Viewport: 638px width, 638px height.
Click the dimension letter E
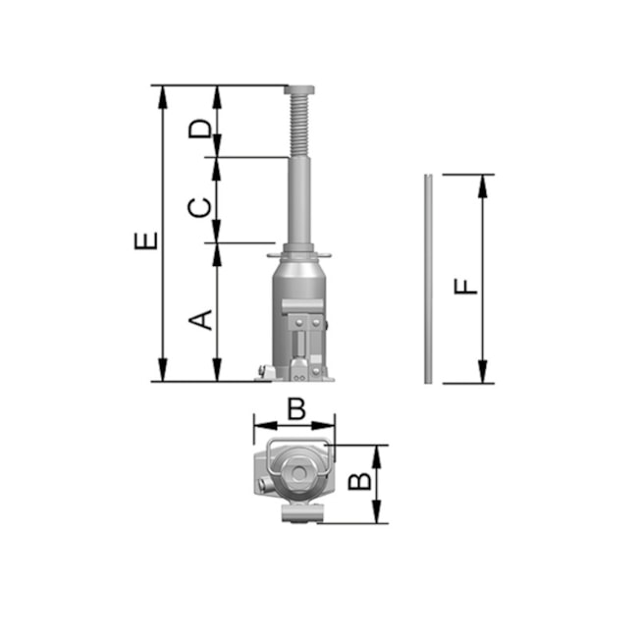(146, 240)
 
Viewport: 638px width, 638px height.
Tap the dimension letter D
(200, 129)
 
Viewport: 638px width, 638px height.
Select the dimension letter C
(200, 207)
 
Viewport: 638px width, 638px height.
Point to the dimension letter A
(200, 320)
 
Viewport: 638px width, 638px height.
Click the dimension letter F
(466, 287)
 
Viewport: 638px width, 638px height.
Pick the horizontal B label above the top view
(296, 408)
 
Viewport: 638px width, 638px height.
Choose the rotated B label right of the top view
(360, 481)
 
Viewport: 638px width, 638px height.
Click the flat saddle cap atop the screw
(299, 89)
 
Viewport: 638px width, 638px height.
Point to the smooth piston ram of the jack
(299, 200)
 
